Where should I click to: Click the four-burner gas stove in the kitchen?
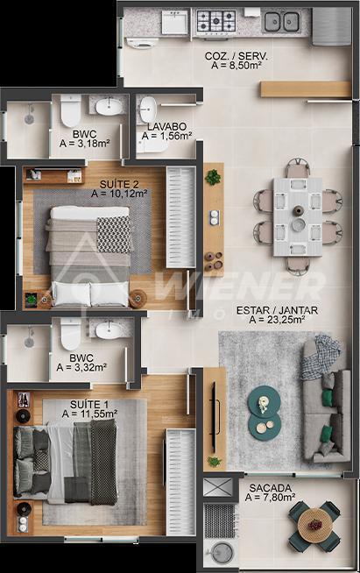(x=215, y=21)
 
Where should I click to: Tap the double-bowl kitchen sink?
(x=281, y=22)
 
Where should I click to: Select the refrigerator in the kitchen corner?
(x=331, y=26)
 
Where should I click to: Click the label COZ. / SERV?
(x=236, y=56)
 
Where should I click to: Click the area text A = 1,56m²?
(x=167, y=136)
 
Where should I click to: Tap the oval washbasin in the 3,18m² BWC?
(x=109, y=107)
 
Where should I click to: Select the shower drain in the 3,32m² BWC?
(x=29, y=342)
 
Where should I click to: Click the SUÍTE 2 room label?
(x=119, y=184)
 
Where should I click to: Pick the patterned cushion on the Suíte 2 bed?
(x=113, y=234)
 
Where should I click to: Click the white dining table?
(x=298, y=216)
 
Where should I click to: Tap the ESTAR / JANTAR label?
(x=277, y=311)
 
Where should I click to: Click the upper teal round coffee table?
(x=264, y=401)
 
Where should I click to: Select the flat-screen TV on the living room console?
(x=214, y=414)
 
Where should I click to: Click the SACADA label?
(x=271, y=488)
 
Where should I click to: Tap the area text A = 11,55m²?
(x=89, y=414)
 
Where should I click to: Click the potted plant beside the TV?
(x=214, y=461)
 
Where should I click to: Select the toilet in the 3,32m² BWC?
(x=70, y=334)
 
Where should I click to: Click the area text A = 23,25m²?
(x=278, y=320)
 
